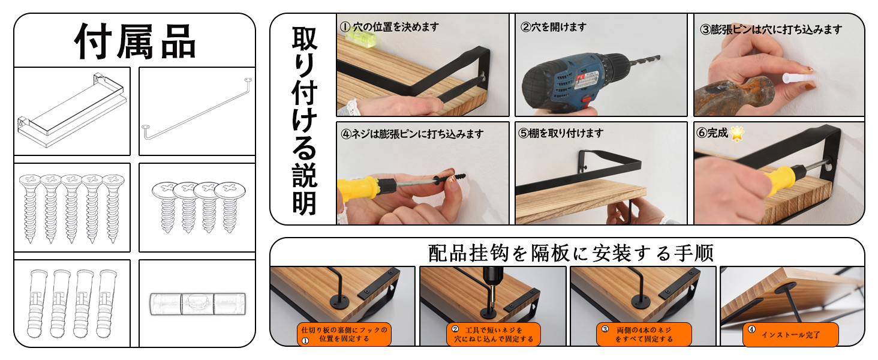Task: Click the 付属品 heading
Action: coord(135,41)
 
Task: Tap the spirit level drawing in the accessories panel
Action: coord(198,304)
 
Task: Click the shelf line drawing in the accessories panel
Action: coord(73,110)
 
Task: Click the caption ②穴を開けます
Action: coord(554,27)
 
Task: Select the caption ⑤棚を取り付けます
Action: coord(561,133)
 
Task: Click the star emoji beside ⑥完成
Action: coord(736,134)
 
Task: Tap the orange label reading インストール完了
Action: coord(790,335)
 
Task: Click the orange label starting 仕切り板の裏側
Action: coord(344,335)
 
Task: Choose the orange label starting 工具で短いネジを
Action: coord(494,335)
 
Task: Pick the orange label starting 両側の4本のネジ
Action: coord(644,335)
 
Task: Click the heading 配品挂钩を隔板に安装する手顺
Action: coord(571,253)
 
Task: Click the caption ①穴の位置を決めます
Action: coord(389,27)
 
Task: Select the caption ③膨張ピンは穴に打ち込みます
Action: coord(771,29)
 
